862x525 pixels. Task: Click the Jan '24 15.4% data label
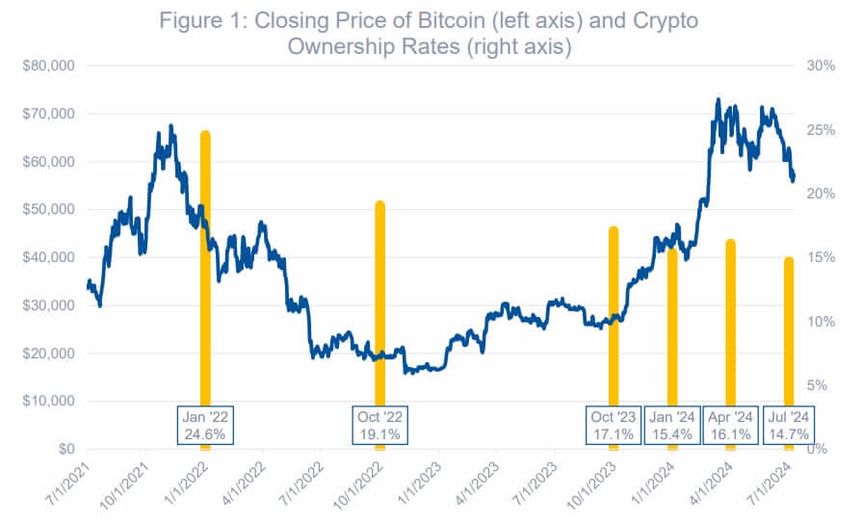[672, 426]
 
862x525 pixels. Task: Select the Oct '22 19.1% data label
[379, 426]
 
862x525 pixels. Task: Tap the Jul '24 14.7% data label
[789, 426]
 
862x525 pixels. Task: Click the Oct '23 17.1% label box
[614, 426]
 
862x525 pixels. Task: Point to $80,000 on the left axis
[48, 66]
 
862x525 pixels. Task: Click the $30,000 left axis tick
[48, 305]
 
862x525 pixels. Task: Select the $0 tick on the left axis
[66, 449]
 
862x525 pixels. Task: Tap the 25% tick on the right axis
[821, 130]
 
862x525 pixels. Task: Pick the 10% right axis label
[821, 322]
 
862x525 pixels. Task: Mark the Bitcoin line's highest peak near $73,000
[718, 100]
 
